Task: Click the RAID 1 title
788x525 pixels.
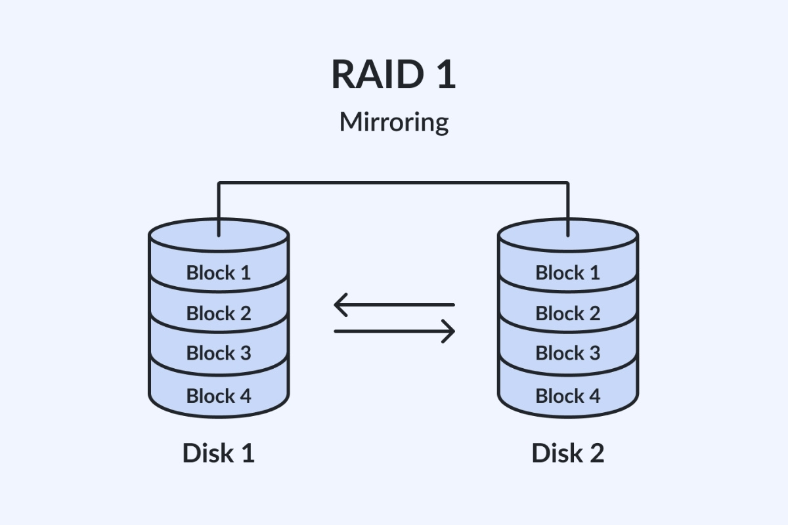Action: coord(393,74)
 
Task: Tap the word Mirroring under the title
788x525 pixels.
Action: coord(393,122)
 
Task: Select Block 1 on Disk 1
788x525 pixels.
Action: coord(219,272)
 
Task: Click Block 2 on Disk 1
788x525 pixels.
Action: coord(219,313)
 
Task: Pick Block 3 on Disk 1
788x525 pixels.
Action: coord(219,353)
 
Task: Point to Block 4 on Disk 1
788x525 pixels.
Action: coord(219,396)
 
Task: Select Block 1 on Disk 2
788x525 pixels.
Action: coord(568,272)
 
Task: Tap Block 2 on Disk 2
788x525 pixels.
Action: coord(568,313)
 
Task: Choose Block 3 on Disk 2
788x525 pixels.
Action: coord(568,353)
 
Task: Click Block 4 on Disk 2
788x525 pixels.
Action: coord(568,396)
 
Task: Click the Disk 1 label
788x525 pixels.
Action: coord(218,453)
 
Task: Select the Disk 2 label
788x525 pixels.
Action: coord(567,453)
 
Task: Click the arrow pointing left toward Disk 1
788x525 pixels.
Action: coord(394,305)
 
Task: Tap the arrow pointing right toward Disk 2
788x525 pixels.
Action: coord(394,331)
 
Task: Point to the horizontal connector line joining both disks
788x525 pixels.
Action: coord(393,183)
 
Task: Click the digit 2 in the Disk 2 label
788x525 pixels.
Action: coord(594,453)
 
